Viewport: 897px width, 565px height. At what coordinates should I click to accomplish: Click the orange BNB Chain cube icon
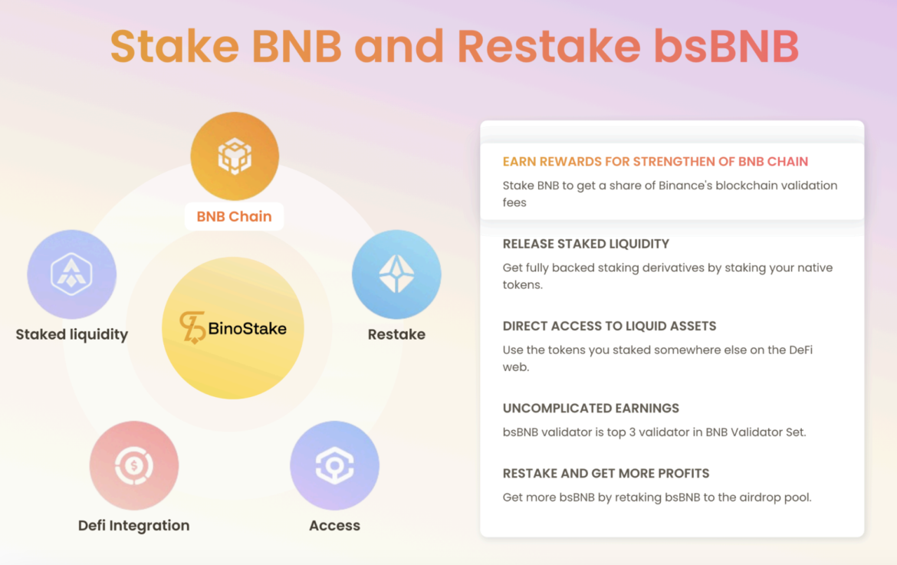tap(235, 156)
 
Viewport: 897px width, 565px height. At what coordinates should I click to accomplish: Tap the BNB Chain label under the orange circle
tap(234, 217)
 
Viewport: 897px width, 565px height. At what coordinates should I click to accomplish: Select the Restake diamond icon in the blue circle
tap(396, 274)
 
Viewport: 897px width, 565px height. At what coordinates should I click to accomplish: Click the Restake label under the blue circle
tap(396, 334)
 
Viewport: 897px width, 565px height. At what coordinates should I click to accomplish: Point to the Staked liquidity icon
tap(71, 274)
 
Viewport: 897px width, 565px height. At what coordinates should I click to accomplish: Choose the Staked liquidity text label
tap(71, 335)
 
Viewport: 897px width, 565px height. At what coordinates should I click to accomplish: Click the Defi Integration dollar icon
tap(134, 465)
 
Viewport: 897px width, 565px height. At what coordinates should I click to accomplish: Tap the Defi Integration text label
tap(134, 526)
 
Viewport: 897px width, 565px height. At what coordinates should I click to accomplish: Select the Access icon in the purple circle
tap(335, 465)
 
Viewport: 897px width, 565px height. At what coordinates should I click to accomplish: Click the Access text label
tap(335, 526)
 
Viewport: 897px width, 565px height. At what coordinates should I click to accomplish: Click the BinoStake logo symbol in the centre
tap(192, 327)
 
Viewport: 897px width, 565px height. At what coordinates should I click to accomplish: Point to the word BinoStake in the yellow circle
tap(247, 329)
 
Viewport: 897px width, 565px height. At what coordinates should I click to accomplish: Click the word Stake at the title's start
tap(175, 46)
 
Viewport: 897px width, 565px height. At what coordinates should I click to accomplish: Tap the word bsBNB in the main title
tap(727, 46)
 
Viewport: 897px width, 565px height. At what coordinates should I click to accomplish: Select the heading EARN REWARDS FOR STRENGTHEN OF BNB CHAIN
tap(655, 162)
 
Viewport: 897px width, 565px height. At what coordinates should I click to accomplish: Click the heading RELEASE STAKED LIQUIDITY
tap(586, 245)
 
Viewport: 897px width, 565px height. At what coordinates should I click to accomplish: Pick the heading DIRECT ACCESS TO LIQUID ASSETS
tap(609, 327)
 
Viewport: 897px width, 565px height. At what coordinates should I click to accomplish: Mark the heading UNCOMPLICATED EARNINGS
tap(591, 409)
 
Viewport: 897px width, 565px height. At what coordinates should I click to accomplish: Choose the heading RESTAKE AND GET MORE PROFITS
tap(606, 474)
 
